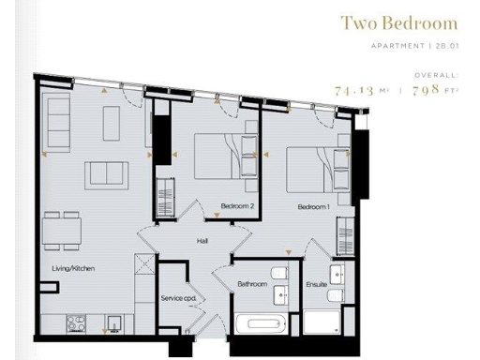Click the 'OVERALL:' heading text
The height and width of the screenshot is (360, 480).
(x=436, y=73)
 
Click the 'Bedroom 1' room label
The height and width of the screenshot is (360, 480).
(x=314, y=206)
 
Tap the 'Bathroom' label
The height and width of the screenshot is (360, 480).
(x=251, y=283)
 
